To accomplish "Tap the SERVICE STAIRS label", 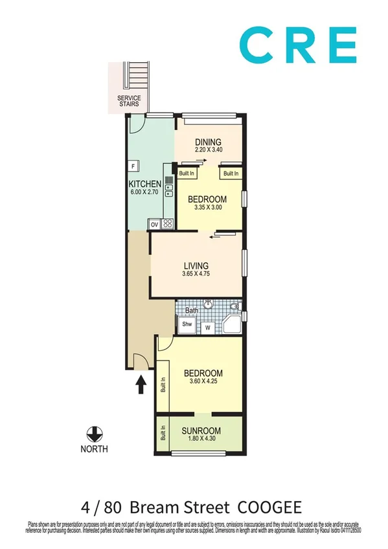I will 129,100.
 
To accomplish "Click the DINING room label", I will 208,142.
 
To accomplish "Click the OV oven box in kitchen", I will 154,225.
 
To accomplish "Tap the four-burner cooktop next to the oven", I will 167,225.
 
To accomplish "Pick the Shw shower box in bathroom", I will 187,324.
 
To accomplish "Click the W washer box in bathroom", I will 209,327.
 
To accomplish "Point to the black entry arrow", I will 141,386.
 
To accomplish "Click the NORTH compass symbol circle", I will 95,433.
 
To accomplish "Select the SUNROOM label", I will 201,431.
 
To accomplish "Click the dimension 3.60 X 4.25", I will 203,383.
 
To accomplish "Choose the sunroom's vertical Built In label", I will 163,432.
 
